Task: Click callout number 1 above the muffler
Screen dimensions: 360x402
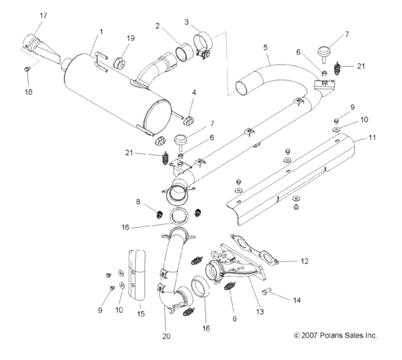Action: pos(101,32)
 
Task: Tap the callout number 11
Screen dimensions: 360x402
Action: pos(372,137)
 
